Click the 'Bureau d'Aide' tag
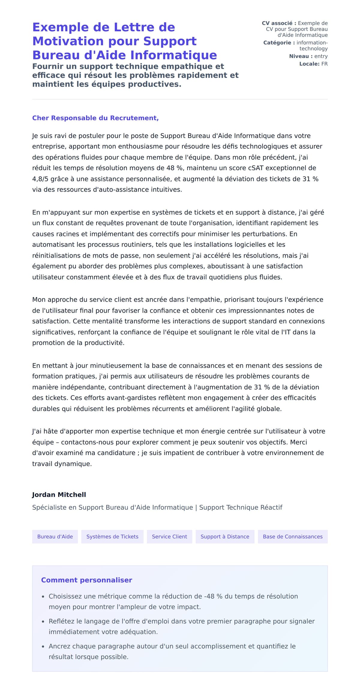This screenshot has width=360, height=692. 55,536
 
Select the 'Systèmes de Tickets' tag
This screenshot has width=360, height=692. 112,536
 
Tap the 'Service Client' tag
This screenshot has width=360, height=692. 169,536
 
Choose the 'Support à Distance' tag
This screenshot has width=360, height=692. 225,536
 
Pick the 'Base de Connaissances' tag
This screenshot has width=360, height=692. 292,536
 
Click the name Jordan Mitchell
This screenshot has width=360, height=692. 59,495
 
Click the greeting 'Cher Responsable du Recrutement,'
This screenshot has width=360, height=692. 95,118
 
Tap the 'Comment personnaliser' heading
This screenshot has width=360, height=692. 86,580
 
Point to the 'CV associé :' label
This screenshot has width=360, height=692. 279,23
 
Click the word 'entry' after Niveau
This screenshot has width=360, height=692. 321,56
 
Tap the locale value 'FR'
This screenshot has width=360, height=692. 324,64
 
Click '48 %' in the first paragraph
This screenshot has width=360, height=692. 175,168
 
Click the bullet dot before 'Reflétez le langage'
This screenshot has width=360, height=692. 43,622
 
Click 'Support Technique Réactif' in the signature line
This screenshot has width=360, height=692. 241,507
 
